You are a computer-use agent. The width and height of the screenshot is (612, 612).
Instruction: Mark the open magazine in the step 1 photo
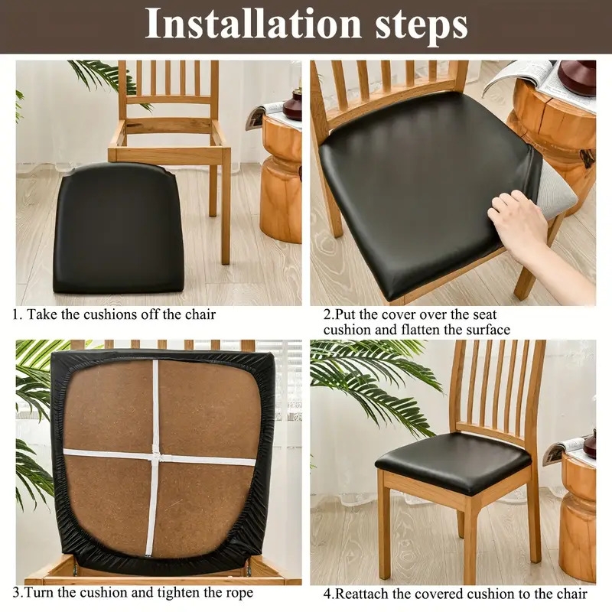coord(265,113)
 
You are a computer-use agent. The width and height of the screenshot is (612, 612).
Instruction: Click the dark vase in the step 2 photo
coord(578,77)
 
